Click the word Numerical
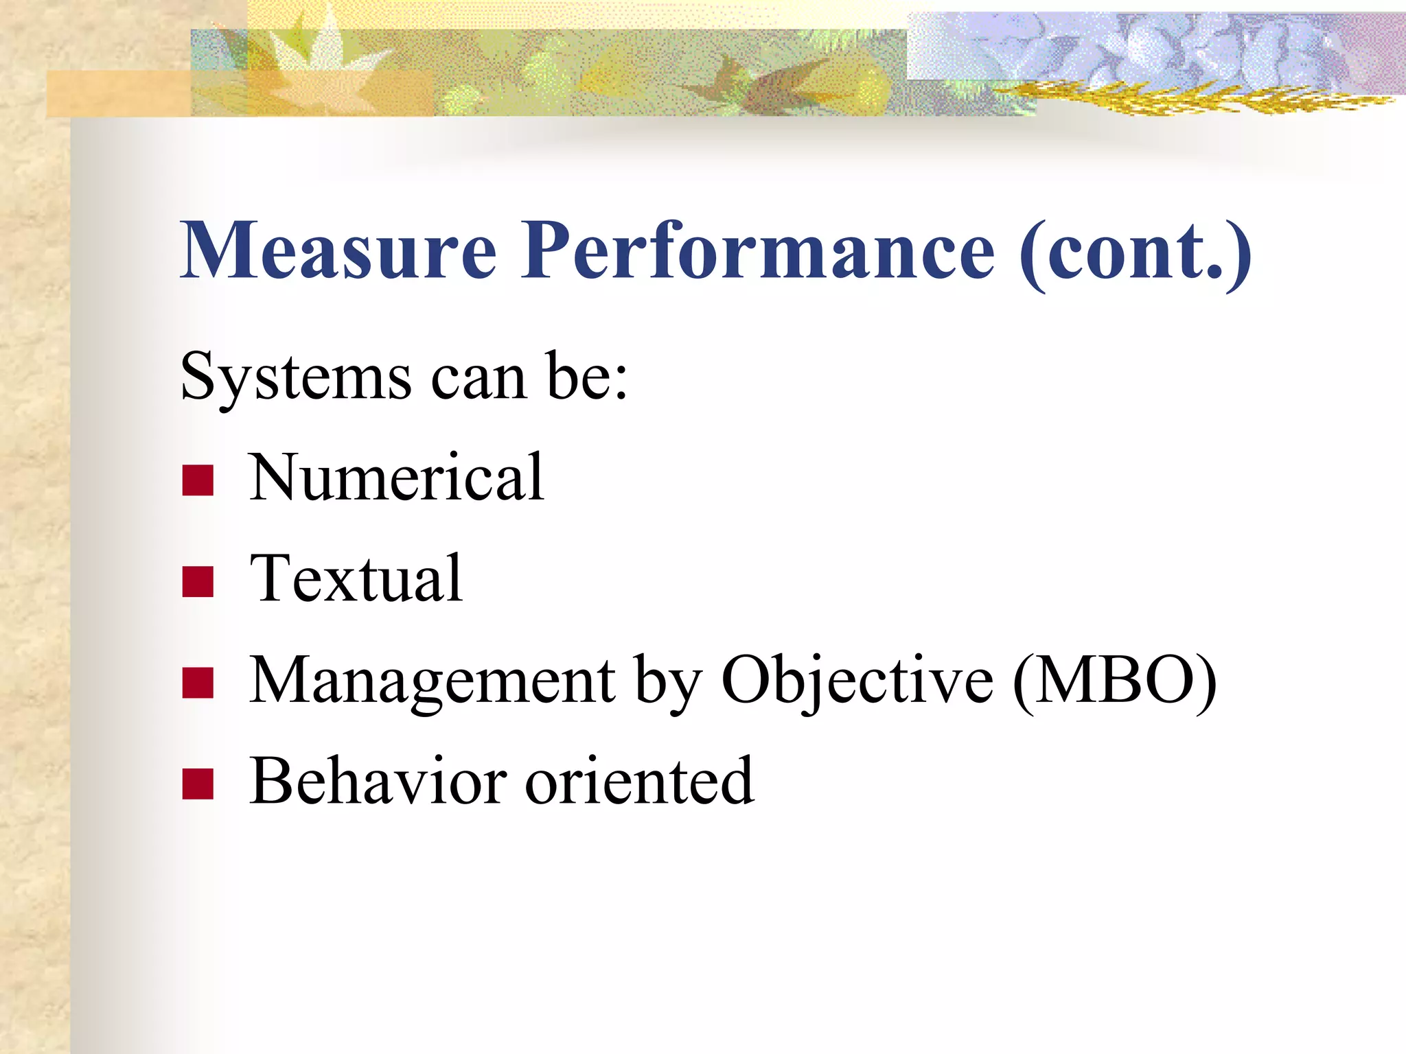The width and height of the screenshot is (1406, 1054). coord(396,478)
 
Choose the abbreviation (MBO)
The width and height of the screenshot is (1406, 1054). coord(1114,681)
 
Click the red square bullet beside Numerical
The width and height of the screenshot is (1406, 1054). coord(198,480)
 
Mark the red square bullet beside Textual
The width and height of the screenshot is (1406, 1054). coord(198,581)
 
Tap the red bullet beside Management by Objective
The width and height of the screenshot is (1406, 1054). coord(198,683)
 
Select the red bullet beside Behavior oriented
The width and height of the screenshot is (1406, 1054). coord(198,784)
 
